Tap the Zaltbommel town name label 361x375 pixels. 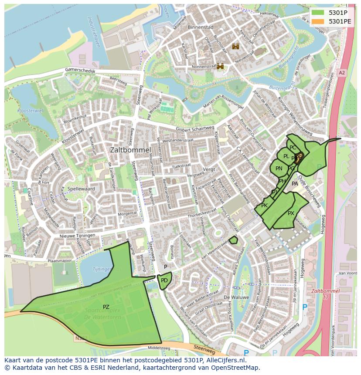130,149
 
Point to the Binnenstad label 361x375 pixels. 200,27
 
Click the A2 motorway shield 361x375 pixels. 341,73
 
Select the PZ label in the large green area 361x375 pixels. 106,307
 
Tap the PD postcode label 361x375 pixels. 164,280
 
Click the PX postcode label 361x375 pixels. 291,213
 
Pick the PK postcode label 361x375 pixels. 264,206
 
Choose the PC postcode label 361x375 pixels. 293,148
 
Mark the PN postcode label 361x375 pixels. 279,169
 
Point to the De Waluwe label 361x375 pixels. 236,297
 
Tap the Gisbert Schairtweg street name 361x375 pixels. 195,129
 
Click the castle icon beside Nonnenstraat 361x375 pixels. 221,66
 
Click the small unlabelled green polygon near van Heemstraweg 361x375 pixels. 234,240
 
